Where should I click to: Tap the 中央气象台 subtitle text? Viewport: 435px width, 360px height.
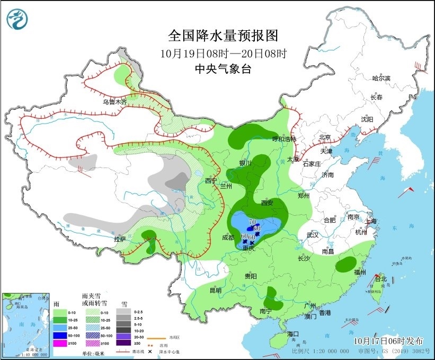coord(223,68)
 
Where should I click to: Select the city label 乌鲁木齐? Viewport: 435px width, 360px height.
coord(115,102)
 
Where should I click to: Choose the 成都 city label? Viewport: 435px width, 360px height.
coord(229,238)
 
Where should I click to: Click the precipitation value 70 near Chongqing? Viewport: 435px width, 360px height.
coord(252,222)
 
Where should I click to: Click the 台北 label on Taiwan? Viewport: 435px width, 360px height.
coord(380,279)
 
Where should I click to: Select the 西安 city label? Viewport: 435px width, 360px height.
coord(267,203)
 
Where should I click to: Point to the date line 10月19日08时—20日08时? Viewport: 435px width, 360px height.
coord(223,53)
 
